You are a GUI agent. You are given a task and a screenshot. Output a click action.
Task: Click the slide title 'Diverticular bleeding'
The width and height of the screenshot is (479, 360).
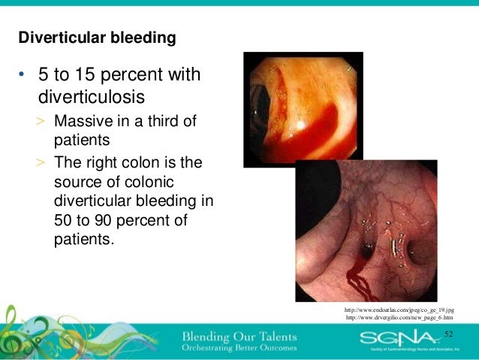tap(97, 37)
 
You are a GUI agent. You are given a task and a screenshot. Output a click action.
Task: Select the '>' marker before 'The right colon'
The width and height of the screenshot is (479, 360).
tap(42, 163)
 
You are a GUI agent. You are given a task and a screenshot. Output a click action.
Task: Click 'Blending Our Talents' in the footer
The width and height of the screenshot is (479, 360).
tap(239, 334)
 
